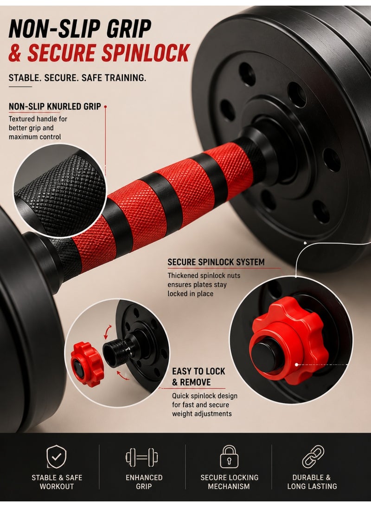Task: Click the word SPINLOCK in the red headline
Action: click(x=145, y=53)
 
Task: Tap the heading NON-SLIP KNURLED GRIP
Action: click(x=55, y=106)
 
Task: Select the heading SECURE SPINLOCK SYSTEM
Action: click(x=216, y=262)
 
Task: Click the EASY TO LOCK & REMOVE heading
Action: click(x=198, y=377)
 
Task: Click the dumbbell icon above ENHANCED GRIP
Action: click(x=142, y=457)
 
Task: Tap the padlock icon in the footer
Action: click(x=229, y=456)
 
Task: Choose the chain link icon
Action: click(x=313, y=456)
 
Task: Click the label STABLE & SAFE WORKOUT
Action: click(x=57, y=482)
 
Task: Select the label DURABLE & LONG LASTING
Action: click(x=312, y=482)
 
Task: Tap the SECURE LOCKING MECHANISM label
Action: click(x=229, y=482)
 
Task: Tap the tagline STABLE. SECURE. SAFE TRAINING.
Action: click(x=77, y=78)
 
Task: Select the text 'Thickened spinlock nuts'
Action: click(x=204, y=276)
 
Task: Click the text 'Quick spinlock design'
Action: click(x=205, y=396)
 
